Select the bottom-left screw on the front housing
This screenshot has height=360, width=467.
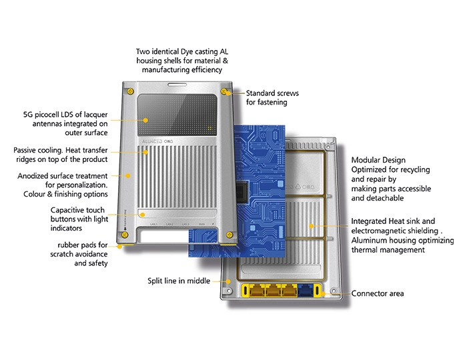(x=124, y=233)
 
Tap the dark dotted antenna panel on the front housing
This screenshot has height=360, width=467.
(x=176, y=114)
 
